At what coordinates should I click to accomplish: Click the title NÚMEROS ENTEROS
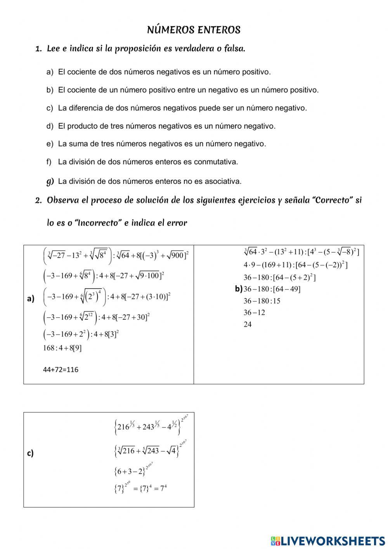click(x=194, y=30)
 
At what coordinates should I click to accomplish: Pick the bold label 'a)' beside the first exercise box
click(x=31, y=298)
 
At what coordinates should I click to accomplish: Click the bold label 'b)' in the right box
click(x=239, y=289)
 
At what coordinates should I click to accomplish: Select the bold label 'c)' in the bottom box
click(x=30, y=453)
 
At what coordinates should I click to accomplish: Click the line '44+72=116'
click(x=61, y=370)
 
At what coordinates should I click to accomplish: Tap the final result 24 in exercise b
click(x=248, y=324)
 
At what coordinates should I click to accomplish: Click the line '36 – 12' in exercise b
click(x=254, y=313)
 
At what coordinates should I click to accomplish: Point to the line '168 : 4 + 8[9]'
click(x=62, y=348)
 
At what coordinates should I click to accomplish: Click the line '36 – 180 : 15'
click(x=262, y=301)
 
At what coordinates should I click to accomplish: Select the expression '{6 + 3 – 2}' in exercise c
click(x=130, y=472)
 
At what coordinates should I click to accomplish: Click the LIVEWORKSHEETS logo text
click(x=333, y=541)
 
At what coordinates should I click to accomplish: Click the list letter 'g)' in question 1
click(x=50, y=181)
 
